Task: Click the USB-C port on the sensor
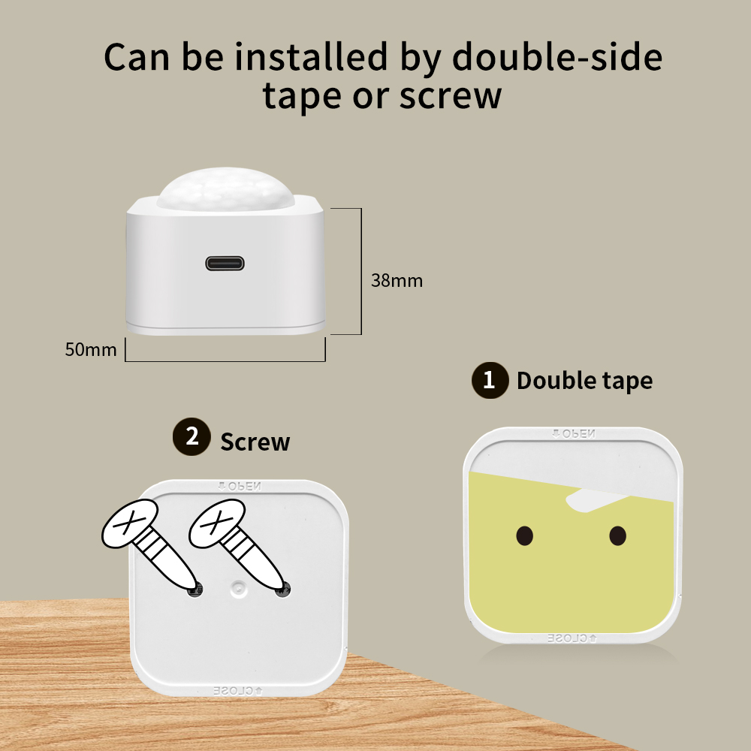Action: click(225, 264)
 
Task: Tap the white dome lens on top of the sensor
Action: click(225, 189)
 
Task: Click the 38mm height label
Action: click(397, 281)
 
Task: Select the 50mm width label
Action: click(91, 350)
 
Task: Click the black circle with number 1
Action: click(490, 380)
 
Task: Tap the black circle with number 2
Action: click(192, 436)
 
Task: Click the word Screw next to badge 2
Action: click(255, 442)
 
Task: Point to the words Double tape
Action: click(585, 381)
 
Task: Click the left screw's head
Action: click(130, 523)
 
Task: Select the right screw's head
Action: click(217, 523)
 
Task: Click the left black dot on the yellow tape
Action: click(525, 535)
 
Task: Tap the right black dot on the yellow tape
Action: click(618, 535)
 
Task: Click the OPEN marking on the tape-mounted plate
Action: click(573, 434)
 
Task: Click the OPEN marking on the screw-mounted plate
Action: click(240, 487)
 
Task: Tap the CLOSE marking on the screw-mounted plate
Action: click(238, 691)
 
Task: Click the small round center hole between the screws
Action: click(238, 589)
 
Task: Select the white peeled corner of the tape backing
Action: click(594, 500)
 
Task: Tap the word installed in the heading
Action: click(311, 57)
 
